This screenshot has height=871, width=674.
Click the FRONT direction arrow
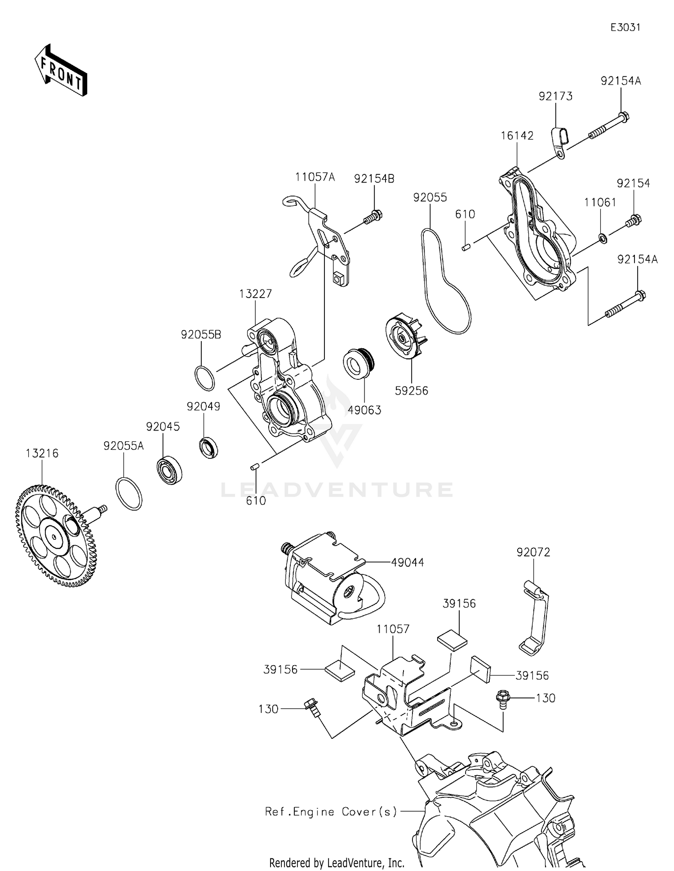pos(61,71)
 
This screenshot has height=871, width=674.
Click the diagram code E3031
pos(625,27)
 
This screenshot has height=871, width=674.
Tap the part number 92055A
pos(124,446)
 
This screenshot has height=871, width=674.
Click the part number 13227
pos(255,293)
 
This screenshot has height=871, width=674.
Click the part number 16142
pos(517,136)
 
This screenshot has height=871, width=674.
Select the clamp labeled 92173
pos(559,142)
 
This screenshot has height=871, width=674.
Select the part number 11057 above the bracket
pos(393,629)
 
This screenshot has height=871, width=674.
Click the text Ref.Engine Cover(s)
pos(331,811)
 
